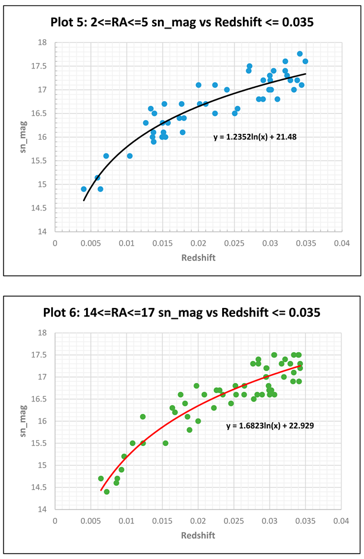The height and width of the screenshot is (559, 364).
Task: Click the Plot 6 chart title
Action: (181, 312)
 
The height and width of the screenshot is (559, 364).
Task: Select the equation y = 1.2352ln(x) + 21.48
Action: (255, 137)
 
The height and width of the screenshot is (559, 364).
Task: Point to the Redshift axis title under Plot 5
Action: (198, 258)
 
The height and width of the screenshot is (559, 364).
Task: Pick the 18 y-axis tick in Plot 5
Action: (45, 43)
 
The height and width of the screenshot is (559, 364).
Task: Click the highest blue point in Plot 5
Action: (300, 54)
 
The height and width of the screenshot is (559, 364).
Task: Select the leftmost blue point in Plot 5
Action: (84, 189)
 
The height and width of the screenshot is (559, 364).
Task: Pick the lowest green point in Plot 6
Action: (107, 492)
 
